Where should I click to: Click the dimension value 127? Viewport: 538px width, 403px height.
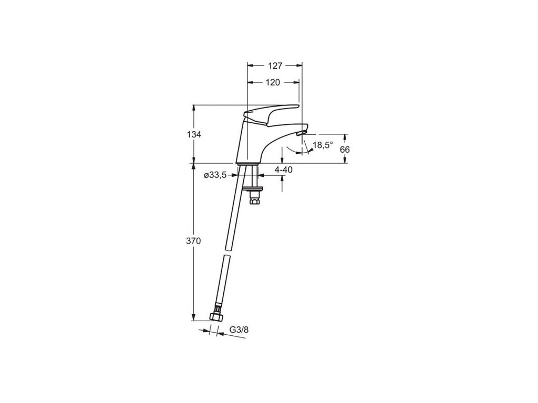[x=275, y=66]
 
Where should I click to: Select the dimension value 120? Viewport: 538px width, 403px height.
[x=273, y=82]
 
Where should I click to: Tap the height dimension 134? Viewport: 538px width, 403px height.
[x=194, y=134]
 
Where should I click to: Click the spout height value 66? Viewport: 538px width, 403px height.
[x=345, y=149]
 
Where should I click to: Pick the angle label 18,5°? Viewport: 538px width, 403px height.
[x=323, y=145]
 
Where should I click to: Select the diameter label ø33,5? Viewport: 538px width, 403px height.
[x=215, y=175]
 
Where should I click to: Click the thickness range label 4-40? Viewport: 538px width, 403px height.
[x=284, y=169]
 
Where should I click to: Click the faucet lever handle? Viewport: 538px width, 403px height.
[x=273, y=113]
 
